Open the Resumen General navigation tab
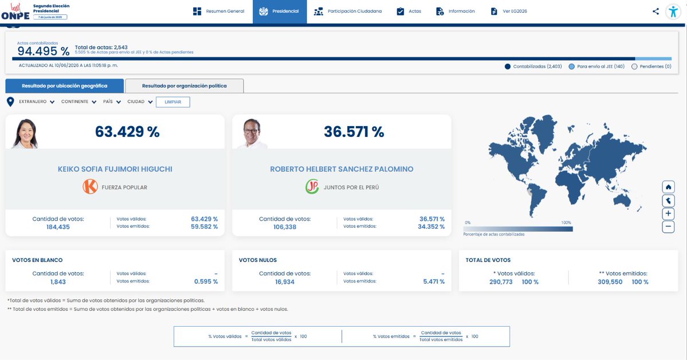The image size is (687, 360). (219, 11)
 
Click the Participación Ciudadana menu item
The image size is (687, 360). (347, 11)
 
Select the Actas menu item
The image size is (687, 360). (409, 11)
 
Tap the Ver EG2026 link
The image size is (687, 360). (509, 11)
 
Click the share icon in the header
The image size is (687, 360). (655, 11)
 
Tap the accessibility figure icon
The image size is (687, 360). (673, 11)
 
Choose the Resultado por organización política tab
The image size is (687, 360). (184, 86)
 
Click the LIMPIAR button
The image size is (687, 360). (173, 102)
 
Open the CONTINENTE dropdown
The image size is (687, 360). (79, 101)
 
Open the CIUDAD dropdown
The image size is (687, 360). (140, 101)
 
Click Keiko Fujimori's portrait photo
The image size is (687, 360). (25, 134)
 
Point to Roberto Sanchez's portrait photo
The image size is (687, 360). (252, 134)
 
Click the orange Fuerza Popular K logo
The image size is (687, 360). (91, 187)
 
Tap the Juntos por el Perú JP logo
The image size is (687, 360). (312, 187)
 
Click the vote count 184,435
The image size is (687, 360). (58, 227)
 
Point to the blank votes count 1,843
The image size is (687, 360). (58, 282)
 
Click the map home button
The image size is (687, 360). (668, 187)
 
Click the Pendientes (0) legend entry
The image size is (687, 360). (651, 66)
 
